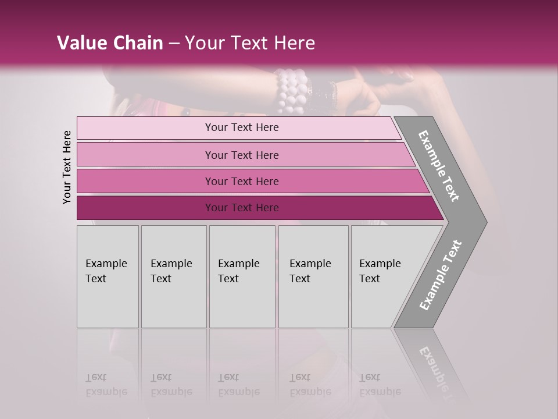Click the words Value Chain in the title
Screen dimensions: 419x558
[x=110, y=43]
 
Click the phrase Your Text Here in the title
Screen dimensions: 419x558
[x=250, y=43]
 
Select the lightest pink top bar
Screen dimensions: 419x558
[x=145, y=127]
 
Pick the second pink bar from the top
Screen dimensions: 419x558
[x=145, y=155]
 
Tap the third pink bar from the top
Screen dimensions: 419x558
[x=145, y=181]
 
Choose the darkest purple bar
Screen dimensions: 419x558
[x=145, y=208]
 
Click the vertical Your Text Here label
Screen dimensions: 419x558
[x=67, y=167]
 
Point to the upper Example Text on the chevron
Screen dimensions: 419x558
[x=439, y=166]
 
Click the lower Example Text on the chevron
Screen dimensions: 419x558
[x=440, y=275]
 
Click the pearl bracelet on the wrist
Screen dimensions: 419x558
[x=291, y=90]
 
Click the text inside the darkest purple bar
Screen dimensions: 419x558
[x=242, y=208]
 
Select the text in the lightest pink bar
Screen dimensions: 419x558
[x=242, y=127]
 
